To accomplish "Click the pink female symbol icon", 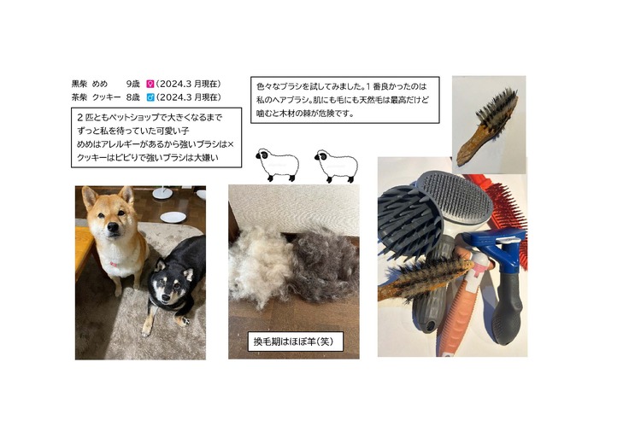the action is [x=150, y=85].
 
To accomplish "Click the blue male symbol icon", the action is [x=150, y=97].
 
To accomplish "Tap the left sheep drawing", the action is [x=277, y=165].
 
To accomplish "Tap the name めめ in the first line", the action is [x=100, y=85].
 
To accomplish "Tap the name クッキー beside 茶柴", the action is [x=106, y=97].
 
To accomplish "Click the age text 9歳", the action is [x=132, y=85].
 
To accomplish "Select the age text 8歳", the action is [x=132, y=97].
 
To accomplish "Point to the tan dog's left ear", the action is [x=89, y=196].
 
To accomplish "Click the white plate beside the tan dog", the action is [x=173, y=217].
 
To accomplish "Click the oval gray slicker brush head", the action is [x=456, y=196].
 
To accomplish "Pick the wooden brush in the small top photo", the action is [x=487, y=126].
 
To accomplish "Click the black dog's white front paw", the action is [x=184, y=320].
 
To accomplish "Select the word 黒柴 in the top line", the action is [x=79, y=85].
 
